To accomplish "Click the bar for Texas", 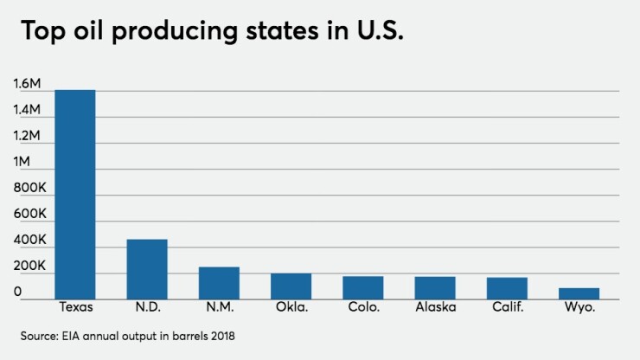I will (x=75, y=195).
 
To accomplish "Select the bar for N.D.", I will (x=147, y=269).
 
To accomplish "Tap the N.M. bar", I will (x=219, y=283).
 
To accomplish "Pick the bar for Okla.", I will (x=291, y=286).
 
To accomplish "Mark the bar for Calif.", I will (x=507, y=288).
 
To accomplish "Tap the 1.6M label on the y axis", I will (x=27, y=84).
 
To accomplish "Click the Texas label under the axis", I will (x=75, y=309).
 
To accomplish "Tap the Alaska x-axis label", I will (x=435, y=309).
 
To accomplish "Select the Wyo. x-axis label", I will (x=579, y=309).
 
